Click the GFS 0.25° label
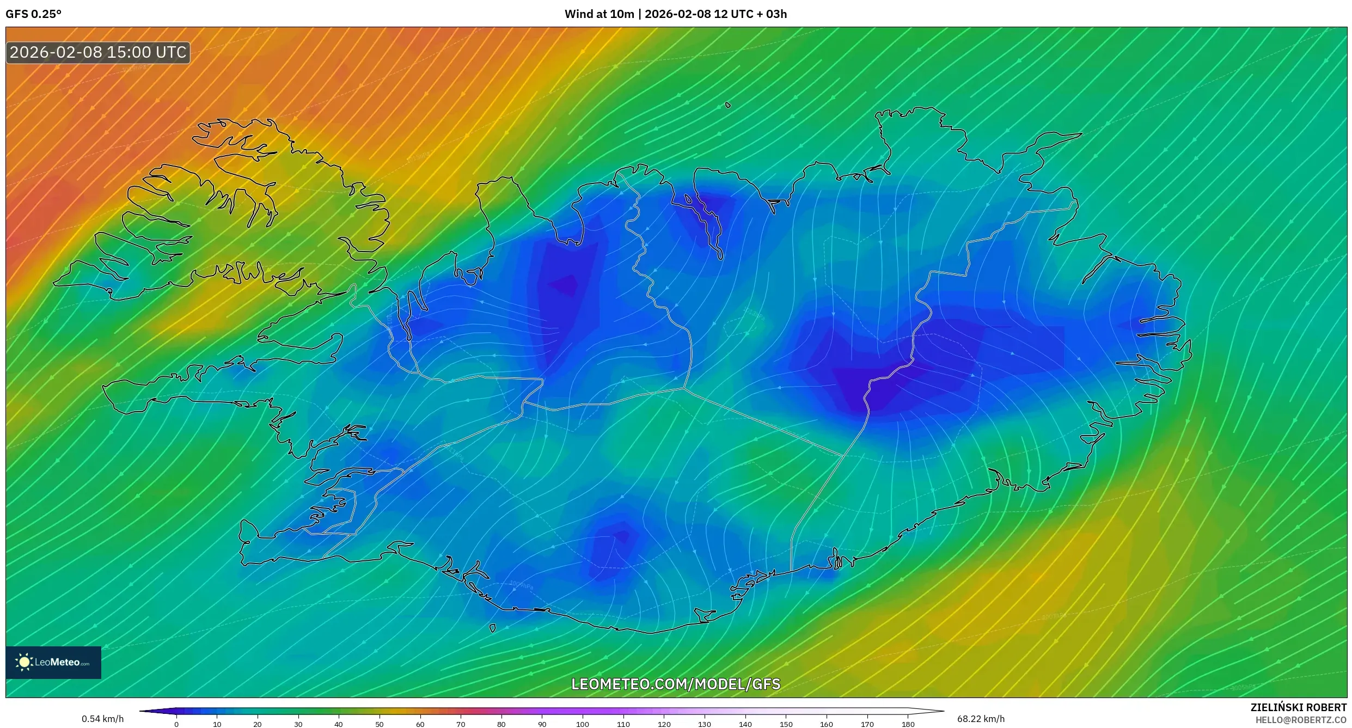coord(33,14)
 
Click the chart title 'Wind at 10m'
coord(599,14)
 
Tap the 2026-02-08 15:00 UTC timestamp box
coord(98,53)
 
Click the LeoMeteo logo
coord(53,662)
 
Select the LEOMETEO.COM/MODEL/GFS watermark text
coord(676,684)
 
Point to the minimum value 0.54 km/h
coord(102,719)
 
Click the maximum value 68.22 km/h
coord(981,719)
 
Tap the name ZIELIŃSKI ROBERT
coord(1298,707)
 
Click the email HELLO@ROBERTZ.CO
coord(1301,720)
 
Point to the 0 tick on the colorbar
coord(176,724)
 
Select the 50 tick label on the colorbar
coord(380,724)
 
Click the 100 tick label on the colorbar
coord(583,724)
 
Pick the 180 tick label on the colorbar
coord(908,724)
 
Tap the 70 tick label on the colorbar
coord(461,724)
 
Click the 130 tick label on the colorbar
coord(705,724)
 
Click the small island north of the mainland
coord(727,105)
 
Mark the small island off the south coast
coord(493,628)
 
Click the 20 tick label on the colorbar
coord(258,724)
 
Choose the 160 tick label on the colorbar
coord(827,724)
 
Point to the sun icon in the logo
coord(24,662)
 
